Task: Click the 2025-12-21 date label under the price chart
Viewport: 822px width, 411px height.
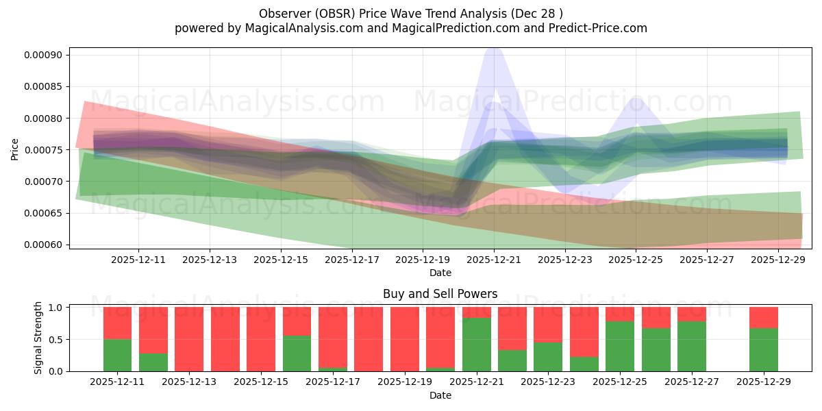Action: pyautogui.click(x=494, y=260)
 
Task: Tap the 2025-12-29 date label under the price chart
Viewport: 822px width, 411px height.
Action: pyautogui.click(x=778, y=260)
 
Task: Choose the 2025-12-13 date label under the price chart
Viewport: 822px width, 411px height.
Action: pyautogui.click(x=210, y=260)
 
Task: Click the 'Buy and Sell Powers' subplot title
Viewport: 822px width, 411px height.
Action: pyautogui.click(x=440, y=294)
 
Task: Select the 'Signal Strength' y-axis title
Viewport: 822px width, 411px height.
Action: pyautogui.click(x=38, y=338)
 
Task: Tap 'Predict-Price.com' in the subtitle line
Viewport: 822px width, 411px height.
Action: pyautogui.click(x=599, y=28)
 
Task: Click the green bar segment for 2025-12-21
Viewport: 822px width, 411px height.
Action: pyautogui.click(x=476, y=345)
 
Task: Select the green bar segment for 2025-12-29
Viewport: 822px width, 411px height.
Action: pyautogui.click(x=763, y=349)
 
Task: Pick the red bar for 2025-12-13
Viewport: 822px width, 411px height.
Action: pyautogui.click(x=189, y=339)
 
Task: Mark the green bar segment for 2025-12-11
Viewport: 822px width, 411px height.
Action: pyautogui.click(x=117, y=355)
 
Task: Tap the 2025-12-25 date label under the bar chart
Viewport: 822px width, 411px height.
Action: pyautogui.click(x=619, y=382)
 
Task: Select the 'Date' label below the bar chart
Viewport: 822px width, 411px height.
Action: pyautogui.click(x=440, y=395)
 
